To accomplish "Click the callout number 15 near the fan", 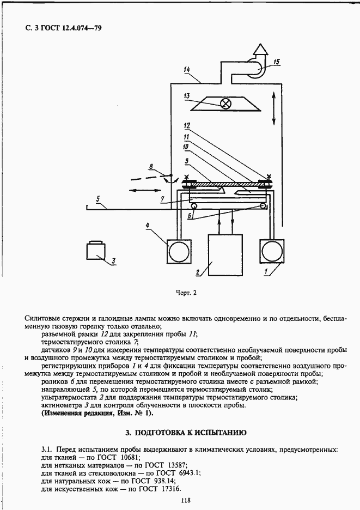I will coord(277,62).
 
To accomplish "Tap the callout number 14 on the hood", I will coord(187,70).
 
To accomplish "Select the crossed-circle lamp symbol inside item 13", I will coord(225,103).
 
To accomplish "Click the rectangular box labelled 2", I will coord(225,255).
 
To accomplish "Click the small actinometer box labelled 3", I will coord(96,253).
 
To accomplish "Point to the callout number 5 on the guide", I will coord(98,199).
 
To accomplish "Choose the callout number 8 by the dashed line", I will coord(152,167).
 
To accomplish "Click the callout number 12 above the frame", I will coord(187,125).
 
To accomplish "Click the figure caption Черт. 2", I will coord(186,293).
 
